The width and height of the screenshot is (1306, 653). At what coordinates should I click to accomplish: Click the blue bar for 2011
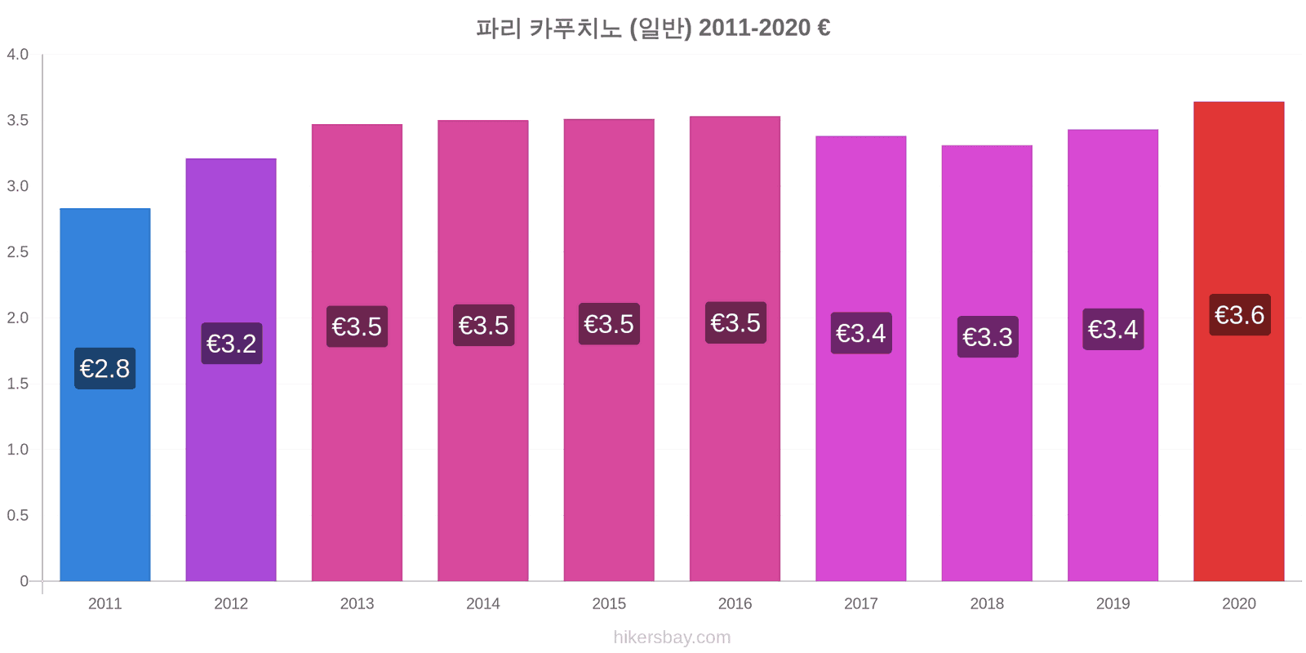click(x=105, y=395)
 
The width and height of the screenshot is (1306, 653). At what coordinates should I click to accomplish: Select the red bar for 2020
click(x=1239, y=342)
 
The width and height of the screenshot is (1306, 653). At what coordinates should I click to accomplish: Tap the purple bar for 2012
click(x=231, y=370)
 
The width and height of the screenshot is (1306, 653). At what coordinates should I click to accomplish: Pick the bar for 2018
click(x=987, y=363)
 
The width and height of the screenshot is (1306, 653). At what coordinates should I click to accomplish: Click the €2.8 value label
click(x=105, y=368)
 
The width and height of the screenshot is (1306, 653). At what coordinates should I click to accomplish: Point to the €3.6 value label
click(x=1240, y=315)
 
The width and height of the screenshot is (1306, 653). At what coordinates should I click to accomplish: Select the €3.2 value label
click(x=232, y=344)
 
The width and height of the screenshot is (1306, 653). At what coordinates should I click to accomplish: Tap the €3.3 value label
click(x=988, y=337)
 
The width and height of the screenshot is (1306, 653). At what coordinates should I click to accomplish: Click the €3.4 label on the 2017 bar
click(x=861, y=333)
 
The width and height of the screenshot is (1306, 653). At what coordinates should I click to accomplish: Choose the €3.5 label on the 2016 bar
click(x=735, y=322)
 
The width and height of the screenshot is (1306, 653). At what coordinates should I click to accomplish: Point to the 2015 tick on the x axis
click(x=609, y=603)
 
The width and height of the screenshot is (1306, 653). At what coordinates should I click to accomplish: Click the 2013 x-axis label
click(x=357, y=603)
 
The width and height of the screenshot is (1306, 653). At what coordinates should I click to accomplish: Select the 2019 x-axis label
click(x=1113, y=603)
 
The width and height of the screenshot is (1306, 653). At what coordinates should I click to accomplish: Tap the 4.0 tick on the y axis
click(x=17, y=54)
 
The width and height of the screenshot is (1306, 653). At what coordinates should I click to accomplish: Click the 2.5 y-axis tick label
click(x=17, y=252)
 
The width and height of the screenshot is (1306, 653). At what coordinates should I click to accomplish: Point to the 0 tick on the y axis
click(x=24, y=580)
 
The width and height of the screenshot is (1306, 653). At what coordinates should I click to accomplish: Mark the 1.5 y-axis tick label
click(x=17, y=384)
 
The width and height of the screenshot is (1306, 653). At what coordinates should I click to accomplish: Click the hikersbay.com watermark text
click(x=672, y=637)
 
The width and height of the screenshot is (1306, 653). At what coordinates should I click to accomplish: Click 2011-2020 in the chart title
click(x=754, y=28)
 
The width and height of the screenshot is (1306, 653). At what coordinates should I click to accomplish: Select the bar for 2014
click(x=482, y=351)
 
